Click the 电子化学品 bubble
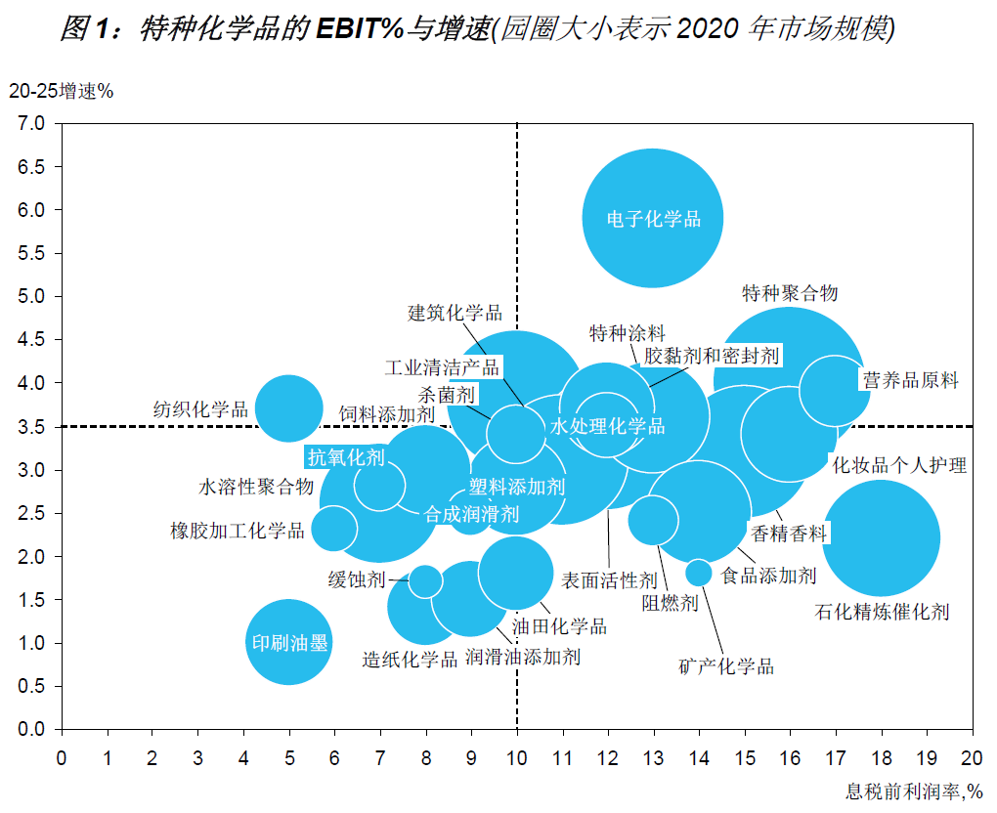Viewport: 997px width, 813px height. pyautogui.click(x=653, y=218)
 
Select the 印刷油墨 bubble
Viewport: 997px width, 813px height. pyautogui.click(x=288, y=643)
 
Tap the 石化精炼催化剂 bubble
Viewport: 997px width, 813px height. pyautogui.click(x=881, y=538)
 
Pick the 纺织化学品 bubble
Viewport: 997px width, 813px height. pyautogui.click(x=288, y=408)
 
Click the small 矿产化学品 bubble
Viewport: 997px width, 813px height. pyautogui.click(x=698, y=573)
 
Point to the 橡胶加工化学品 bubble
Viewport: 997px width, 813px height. pyautogui.click(x=334, y=529)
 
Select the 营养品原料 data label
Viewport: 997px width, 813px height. pyautogui.click(x=910, y=380)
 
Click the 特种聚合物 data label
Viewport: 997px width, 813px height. pyautogui.click(x=790, y=293)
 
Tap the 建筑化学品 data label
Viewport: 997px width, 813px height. pyautogui.click(x=455, y=313)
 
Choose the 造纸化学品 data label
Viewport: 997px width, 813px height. pyautogui.click(x=410, y=660)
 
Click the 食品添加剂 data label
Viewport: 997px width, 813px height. pyautogui.click(x=768, y=576)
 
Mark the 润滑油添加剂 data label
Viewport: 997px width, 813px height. pyautogui.click(x=522, y=657)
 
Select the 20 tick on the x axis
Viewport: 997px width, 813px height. pyautogui.click(x=972, y=756)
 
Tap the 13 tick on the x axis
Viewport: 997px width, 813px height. pyautogui.click(x=653, y=756)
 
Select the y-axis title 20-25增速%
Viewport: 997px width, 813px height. pyautogui.click(x=62, y=92)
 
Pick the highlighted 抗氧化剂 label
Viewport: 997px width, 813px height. pyautogui.click(x=346, y=456)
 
